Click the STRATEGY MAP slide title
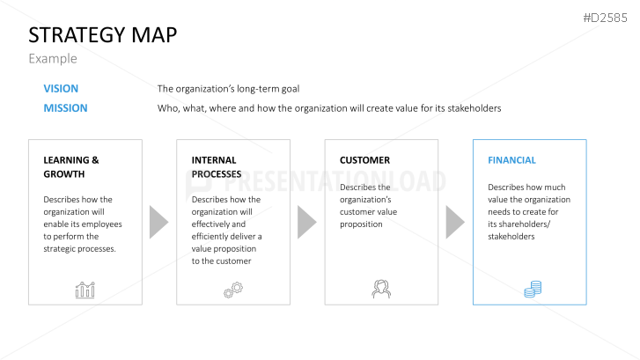103,34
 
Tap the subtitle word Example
53,59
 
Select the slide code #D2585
605,18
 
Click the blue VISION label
61,89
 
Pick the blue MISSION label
65,108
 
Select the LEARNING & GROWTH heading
71,167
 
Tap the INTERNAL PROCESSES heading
217,167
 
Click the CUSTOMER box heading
365,160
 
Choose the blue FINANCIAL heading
511,160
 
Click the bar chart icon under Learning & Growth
85,290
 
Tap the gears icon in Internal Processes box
233,290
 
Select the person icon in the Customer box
381,289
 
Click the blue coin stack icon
533,289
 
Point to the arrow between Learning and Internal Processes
158,222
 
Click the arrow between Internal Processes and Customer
305,222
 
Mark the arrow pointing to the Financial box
454,222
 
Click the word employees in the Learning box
102,224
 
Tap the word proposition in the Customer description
361,224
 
